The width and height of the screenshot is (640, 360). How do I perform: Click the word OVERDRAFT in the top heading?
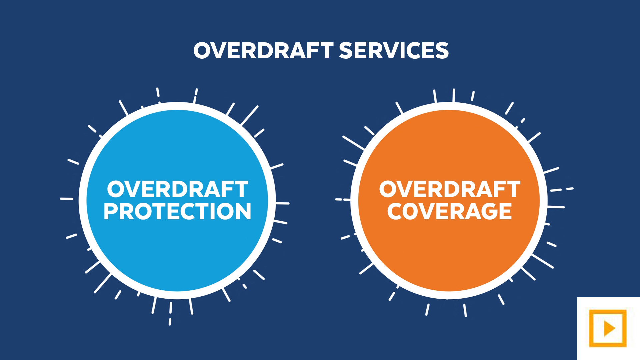coord(263,51)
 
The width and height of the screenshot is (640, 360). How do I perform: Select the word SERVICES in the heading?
coord(394,51)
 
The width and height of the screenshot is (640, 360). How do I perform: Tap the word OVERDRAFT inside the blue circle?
coord(178,189)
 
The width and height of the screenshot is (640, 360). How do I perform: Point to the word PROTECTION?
coord(177,211)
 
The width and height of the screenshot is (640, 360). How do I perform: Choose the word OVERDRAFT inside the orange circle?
coord(450,189)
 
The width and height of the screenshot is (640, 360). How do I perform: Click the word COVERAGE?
coord(449,211)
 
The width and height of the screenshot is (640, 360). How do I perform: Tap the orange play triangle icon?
coord(609,328)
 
